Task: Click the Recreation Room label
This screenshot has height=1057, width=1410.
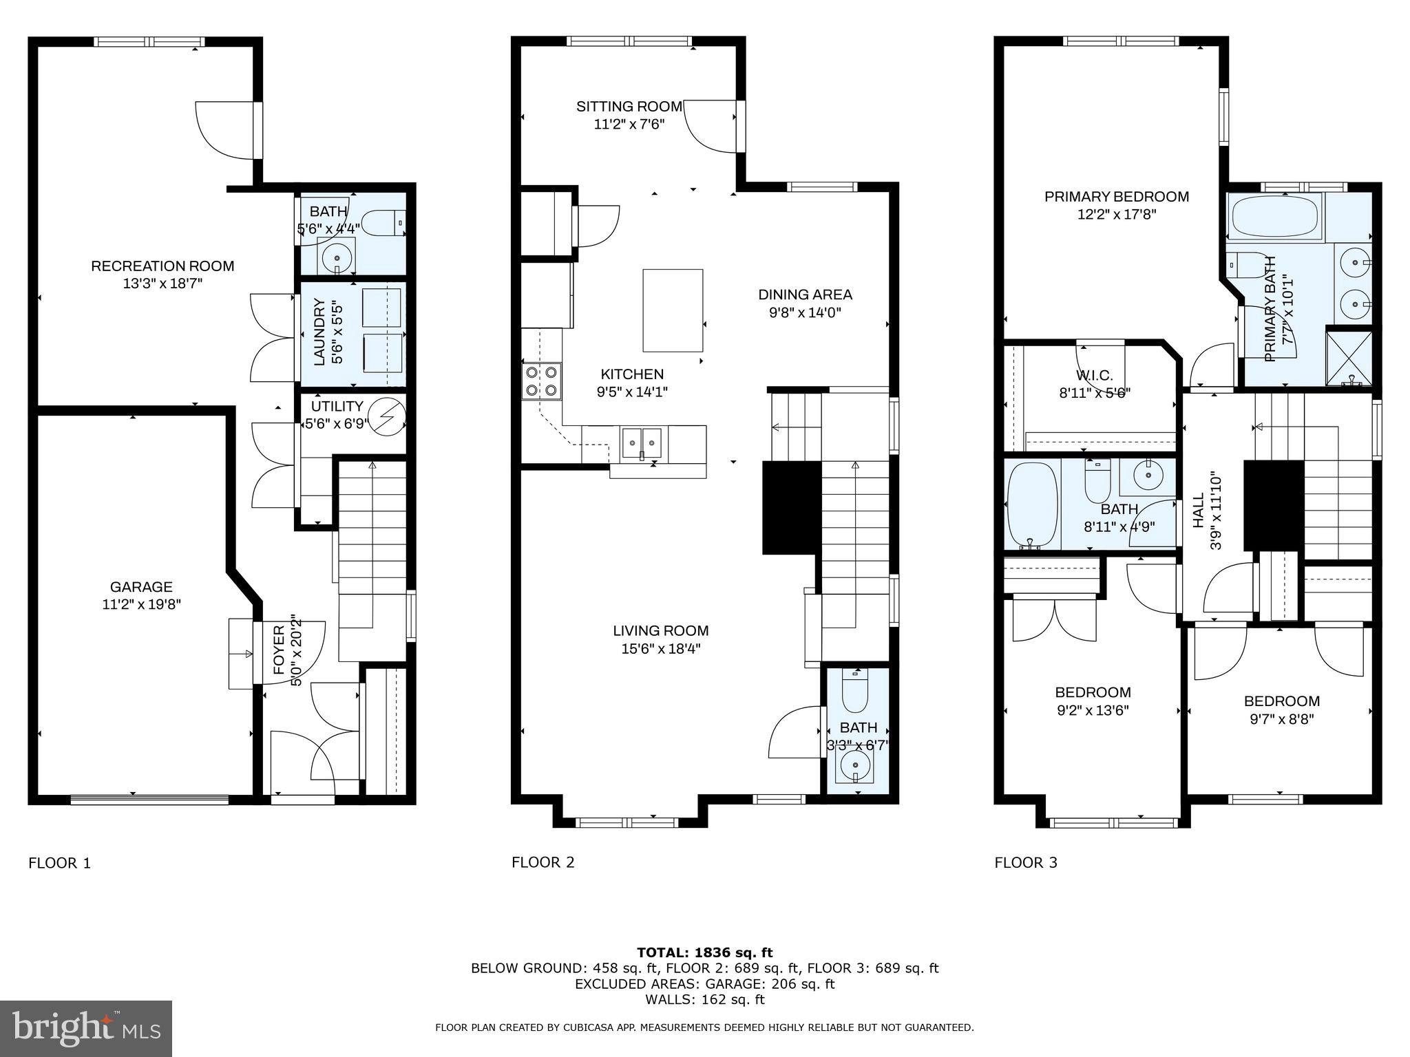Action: [x=162, y=266]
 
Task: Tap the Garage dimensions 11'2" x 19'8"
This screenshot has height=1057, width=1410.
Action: [x=141, y=605]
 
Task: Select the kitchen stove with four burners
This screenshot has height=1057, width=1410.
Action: [x=541, y=381]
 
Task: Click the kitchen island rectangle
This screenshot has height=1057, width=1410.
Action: [x=673, y=310]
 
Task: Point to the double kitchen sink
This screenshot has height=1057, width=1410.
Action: [x=642, y=443]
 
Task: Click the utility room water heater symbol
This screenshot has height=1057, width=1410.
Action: [x=386, y=416]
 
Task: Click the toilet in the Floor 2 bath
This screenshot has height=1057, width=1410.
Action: [x=855, y=691]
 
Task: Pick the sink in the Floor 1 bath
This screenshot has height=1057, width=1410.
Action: [x=337, y=257]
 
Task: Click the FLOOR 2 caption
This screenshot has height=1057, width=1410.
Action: [x=543, y=862]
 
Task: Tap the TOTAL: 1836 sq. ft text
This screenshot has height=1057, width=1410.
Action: [x=704, y=952]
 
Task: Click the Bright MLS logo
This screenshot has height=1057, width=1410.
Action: [x=85, y=1028]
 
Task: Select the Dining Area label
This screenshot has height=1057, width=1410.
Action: [x=805, y=295]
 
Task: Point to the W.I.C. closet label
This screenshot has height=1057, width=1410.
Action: [x=1094, y=375]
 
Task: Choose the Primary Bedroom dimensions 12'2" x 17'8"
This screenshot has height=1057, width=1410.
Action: [x=1116, y=214]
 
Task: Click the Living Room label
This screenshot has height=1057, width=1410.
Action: [x=660, y=630]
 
